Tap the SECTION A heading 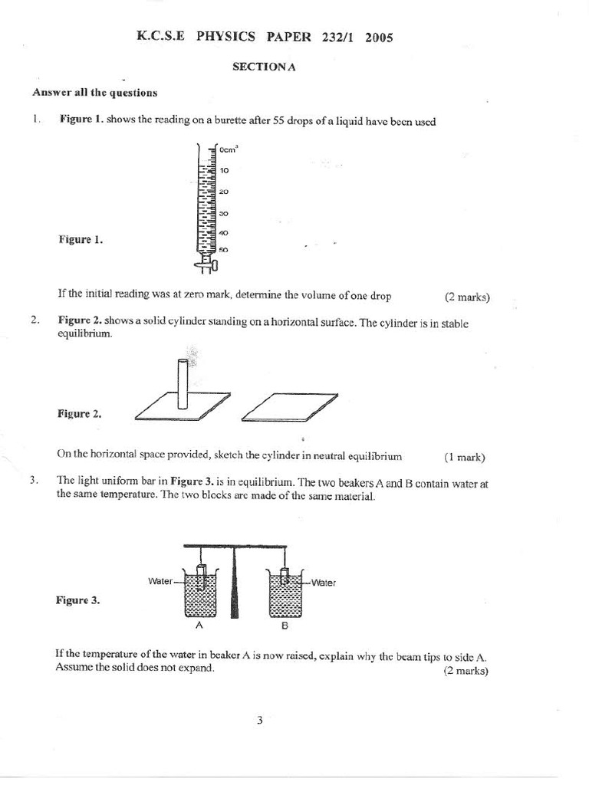pos(264,67)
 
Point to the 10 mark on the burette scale pos(225,170)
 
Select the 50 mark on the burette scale pos(224,250)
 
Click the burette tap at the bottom pos(207,265)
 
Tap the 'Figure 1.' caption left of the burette pos(81,239)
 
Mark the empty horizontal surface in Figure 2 pos(289,407)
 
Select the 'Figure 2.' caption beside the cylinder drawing pos(79,413)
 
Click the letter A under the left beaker pos(199,625)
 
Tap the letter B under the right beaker pos(284,626)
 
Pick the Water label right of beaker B pos(323,583)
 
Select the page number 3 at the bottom pos(260,720)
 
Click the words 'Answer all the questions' pos(95,93)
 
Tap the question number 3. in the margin pos(35,481)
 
